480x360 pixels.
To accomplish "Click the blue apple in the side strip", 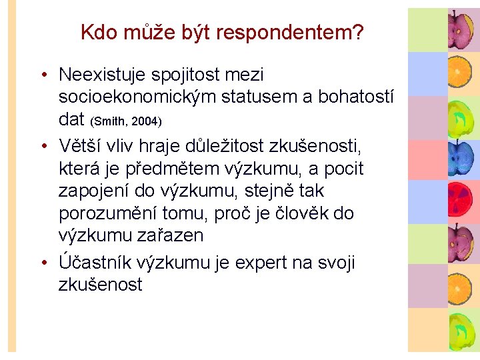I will click(x=459, y=157).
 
